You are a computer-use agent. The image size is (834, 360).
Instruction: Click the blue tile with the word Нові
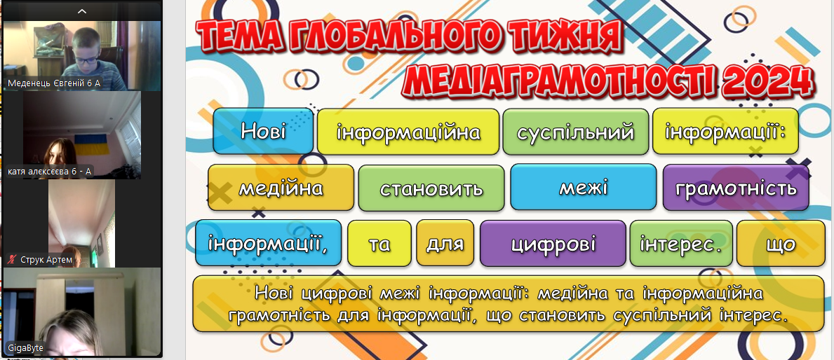click(x=263, y=131)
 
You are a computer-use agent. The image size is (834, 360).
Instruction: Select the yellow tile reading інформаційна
click(x=408, y=132)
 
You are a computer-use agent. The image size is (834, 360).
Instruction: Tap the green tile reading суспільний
click(x=575, y=132)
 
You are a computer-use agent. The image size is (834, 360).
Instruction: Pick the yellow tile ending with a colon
click(x=725, y=131)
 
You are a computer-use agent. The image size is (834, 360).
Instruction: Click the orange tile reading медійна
click(x=281, y=188)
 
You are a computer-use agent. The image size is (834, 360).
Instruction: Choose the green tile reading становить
click(x=431, y=188)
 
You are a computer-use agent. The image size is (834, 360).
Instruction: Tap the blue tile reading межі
click(x=584, y=187)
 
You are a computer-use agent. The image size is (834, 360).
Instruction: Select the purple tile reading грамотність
click(x=736, y=188)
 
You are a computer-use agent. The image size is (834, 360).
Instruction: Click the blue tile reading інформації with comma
click(x=269, y=242)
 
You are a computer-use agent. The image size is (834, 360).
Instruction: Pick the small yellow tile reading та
click(x=379, y=243)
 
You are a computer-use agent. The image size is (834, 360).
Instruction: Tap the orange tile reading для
click(x=445, y=242)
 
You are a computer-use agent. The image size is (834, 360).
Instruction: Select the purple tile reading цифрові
click(x=553, y=243)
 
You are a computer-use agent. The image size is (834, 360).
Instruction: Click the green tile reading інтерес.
click(x=681, y=243)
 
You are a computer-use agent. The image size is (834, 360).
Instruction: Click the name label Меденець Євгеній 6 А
click(x=54, y=83)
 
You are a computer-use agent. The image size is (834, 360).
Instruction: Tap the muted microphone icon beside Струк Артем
click(x=12, y=260)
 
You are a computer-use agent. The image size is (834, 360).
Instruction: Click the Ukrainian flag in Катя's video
click(x=92, y=143)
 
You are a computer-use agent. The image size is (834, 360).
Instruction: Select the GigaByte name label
click(x=25, y=348)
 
